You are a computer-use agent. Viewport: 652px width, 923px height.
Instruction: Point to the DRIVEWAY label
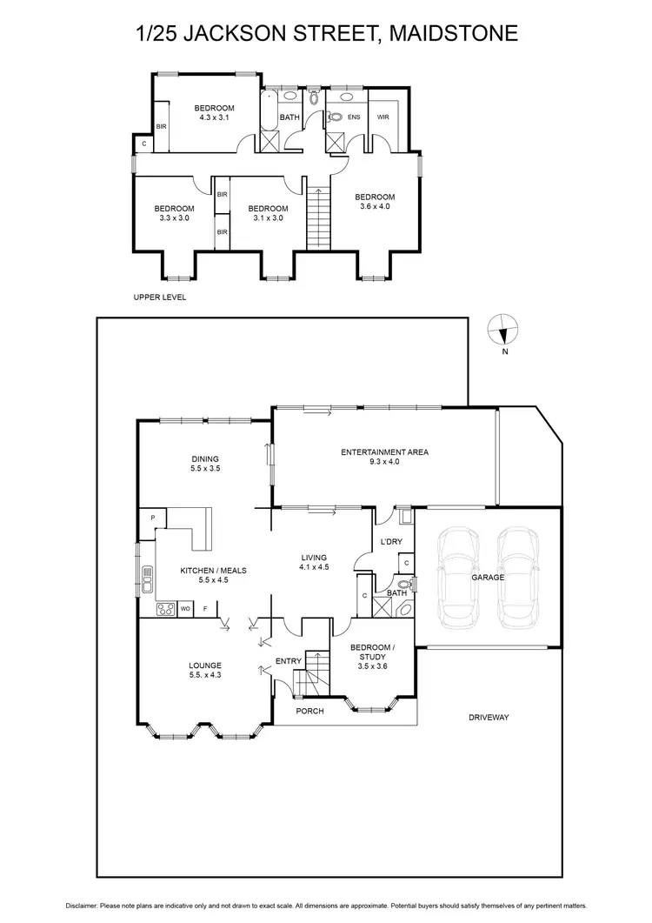click(488, 718)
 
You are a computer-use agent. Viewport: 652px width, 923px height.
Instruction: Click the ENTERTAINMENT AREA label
click(384, 452)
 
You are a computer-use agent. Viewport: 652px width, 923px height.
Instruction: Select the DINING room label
click(205, 459)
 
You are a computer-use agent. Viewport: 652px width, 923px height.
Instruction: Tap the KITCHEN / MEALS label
click(213, 571)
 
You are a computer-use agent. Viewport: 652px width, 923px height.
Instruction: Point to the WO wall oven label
click(184, 609)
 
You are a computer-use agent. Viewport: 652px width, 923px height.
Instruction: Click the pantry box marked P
click(152, 518)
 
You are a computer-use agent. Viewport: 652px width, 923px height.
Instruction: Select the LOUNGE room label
click(205, 665)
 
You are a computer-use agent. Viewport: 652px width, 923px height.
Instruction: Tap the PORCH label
click(309, 711)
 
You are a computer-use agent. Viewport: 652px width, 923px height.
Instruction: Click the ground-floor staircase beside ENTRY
click(311, 675)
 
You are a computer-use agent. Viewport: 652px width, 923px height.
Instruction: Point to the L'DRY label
click(390, 542)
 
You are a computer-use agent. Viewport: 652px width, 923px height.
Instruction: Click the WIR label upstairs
click(383, 116)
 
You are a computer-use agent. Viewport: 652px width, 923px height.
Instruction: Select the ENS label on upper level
click(354, 116)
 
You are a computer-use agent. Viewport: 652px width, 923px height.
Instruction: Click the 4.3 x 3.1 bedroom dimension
click(213, 117)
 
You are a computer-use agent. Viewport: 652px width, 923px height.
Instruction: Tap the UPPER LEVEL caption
click(160, 298)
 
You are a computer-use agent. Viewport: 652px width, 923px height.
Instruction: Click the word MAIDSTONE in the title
click(452, 33)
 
